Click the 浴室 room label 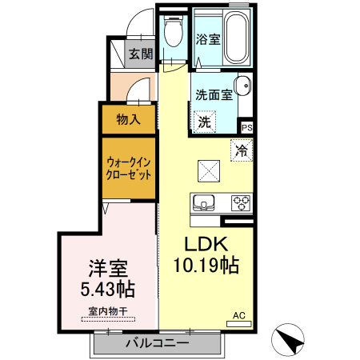[208, 40]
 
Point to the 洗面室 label [214, 94]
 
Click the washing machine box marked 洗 [205, 122]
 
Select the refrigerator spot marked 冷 [241, 149]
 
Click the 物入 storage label [128, 120]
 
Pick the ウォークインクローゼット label [129, 168]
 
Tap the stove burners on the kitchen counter [241, 202]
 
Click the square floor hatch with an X [210, 170]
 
